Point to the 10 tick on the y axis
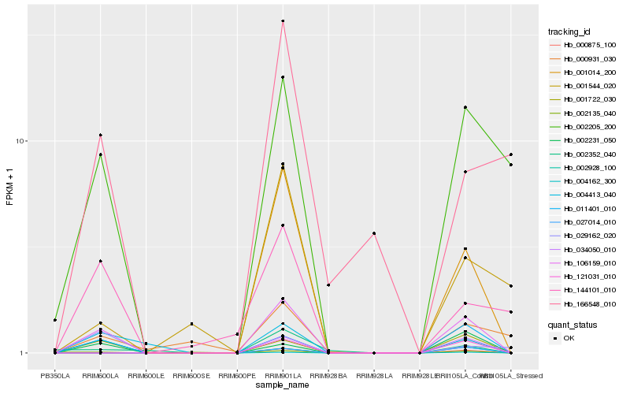click(x=22, y=141)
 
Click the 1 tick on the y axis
click(x=24, y=353)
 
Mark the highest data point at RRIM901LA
click(x=283, y=21)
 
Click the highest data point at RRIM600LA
click(x=100, y=136)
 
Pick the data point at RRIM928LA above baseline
click(x=374, y=233)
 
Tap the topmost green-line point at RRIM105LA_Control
click(x=465, y=107)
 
